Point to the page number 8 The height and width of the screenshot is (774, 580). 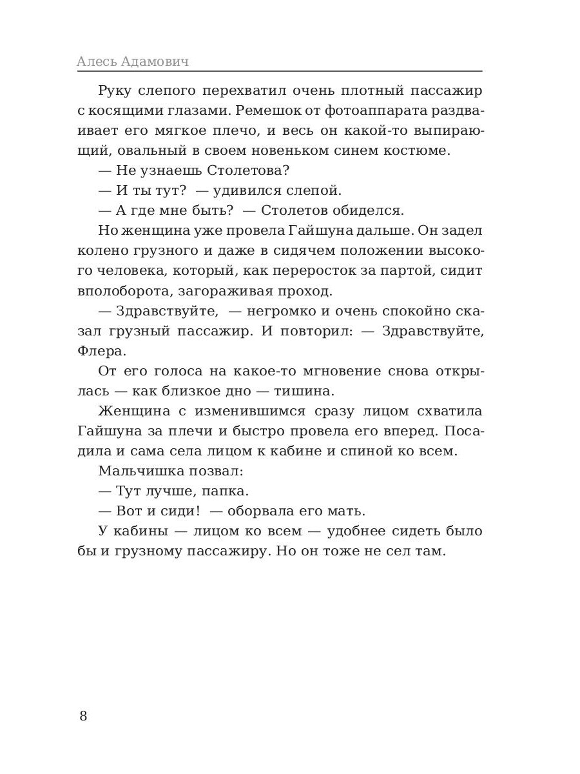pyautogui.click(x=83, y=716)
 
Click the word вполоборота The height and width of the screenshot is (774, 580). pyautogui.click(x=119, y=290)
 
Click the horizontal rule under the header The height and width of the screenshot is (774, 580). pyautogui.click(x=279, y=71)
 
